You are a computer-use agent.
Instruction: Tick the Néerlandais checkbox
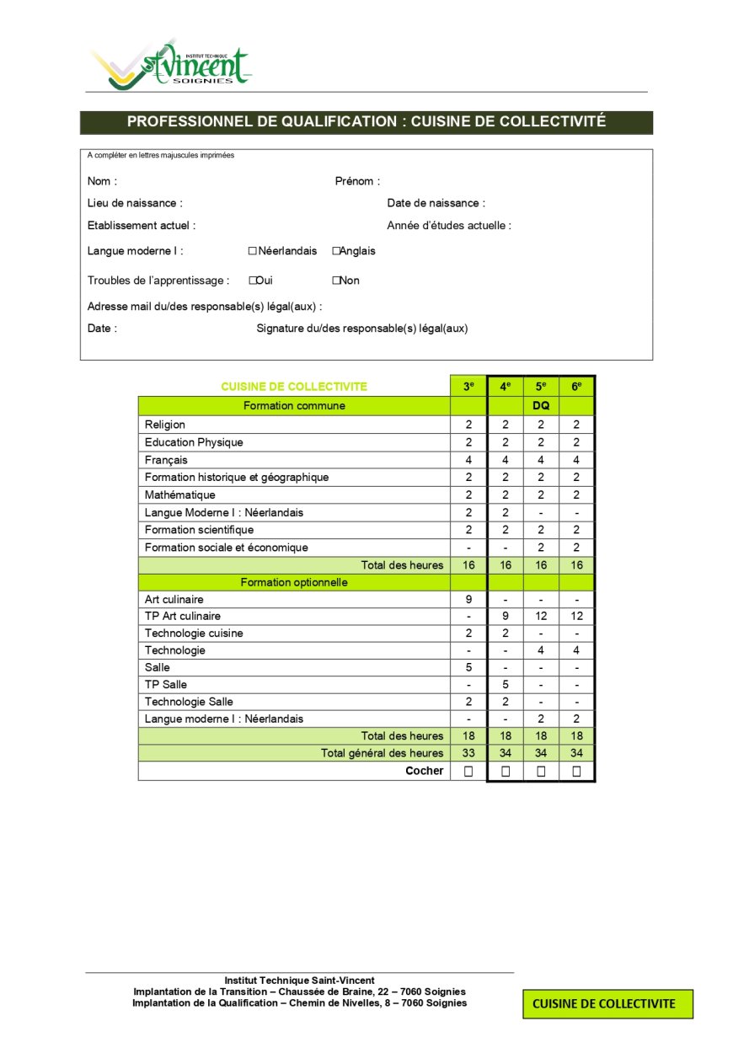coord(252,251)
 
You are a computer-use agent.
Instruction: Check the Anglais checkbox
coord(335,251)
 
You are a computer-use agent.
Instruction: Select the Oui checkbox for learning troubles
coord(252,281)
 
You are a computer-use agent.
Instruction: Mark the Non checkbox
coord(335,281)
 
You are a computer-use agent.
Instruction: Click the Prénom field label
coord(357,181)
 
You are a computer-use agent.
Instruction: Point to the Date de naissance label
coord(436,203)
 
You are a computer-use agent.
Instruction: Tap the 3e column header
coord(468,387)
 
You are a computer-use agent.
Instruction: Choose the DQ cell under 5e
coord(541,406)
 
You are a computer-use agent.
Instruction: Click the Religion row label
coord(165,425)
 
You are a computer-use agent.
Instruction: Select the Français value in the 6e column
coord(576,460)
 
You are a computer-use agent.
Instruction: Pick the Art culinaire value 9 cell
coord(468,599)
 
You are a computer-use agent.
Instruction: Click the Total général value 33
coord(468,753)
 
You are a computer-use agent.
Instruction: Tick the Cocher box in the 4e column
coord(505,771)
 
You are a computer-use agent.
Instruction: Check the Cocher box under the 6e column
coord(576,771)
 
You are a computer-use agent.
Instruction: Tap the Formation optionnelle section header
coord(294,582)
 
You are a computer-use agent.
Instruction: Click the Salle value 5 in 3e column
coord(468,667)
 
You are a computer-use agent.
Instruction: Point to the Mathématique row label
coord(179,494)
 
